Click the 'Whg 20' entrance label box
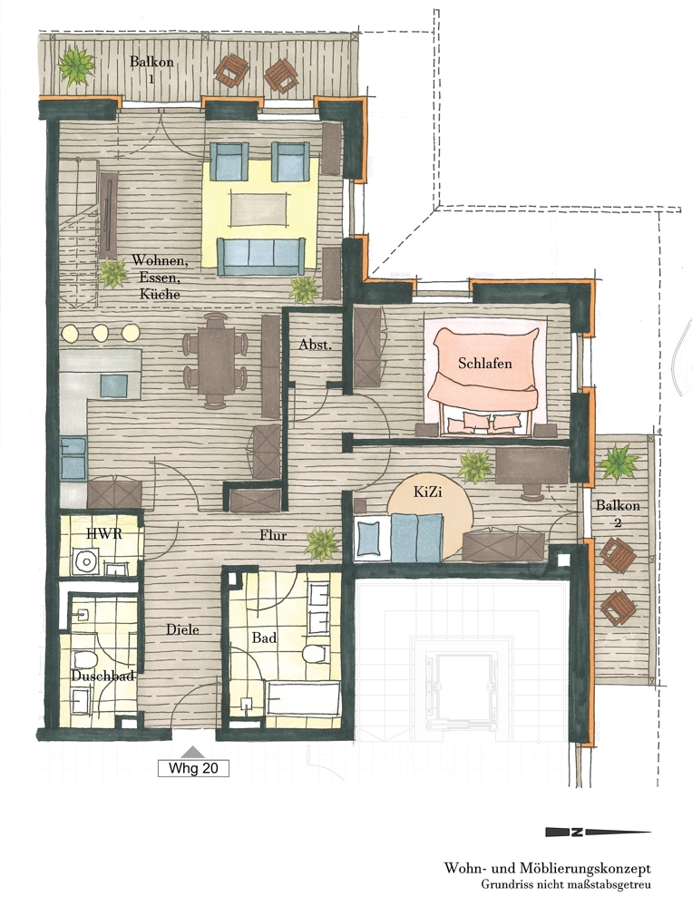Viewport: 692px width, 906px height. (x=193, y=768)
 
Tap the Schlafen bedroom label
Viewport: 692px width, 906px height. (x=485, y=363)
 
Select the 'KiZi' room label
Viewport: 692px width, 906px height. (x=428, y=492)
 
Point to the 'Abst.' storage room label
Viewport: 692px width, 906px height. (x=316, y=345)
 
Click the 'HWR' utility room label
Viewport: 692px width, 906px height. (x=104, y=532)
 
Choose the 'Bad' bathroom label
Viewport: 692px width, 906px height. (x=264, y=638)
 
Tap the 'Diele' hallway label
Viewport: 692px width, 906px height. (x=182, y=629)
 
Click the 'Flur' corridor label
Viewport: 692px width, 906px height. (x=273, y=535)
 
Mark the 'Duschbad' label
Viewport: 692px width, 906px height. (x=102, y=676)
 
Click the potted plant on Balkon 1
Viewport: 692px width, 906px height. (x=75, y=65)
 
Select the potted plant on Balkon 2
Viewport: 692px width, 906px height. (x=619, y=461)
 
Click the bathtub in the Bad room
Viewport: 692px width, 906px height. (x=303, y=698)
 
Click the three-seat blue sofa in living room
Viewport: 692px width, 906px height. (x=260, y=256)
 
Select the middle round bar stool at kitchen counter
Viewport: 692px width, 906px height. (x=101, y=332)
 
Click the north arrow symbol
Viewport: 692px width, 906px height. (x=599, y=832)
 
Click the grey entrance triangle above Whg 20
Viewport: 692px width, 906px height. (x=192, y=752)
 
